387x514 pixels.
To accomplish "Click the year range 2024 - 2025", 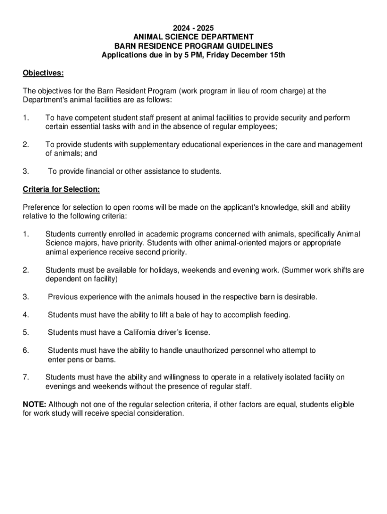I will [x=193, y=28].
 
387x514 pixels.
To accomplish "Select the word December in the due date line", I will [x=250, y=55].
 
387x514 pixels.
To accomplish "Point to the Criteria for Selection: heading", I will [x=61, y=189].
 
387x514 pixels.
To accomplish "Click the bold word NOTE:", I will [x=34, y=405].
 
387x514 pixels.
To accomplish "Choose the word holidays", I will [x=161, y=270].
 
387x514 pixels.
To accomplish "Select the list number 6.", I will [x=26, y=350].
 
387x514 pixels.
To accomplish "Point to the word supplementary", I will [x=154, y=145].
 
